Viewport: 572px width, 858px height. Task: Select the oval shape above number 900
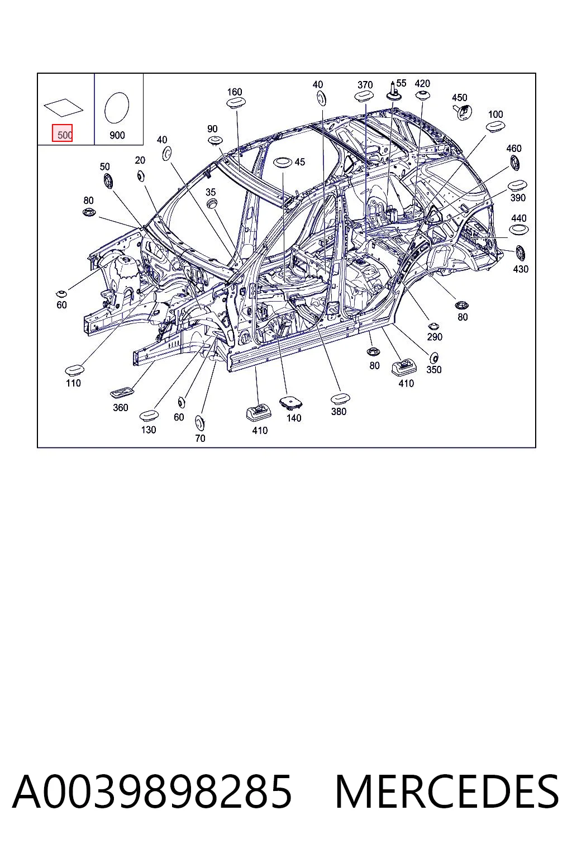[x=117, y=107]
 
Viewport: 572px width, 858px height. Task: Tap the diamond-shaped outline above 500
[x=63, y=108]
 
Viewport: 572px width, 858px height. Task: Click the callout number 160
[x=235, y=92]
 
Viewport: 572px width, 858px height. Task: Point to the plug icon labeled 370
[x=364, y=97]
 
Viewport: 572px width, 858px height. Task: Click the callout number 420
[x=422, y=83]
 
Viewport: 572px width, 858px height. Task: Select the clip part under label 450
[x=463, y=112]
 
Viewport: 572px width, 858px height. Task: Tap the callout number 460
[x=514, y=148]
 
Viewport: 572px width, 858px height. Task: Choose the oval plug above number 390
[x=517, y=185]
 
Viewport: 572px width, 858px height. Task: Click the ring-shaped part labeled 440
[x=518, y=230]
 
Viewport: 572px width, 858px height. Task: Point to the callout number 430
[x=521, y=269]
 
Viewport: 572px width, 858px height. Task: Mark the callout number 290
[x=435, y=337]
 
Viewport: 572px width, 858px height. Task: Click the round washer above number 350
[x=434, y=358]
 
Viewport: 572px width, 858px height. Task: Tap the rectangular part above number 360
[x=121, y=393]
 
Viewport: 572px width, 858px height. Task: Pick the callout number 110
[x=73, y=383]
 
